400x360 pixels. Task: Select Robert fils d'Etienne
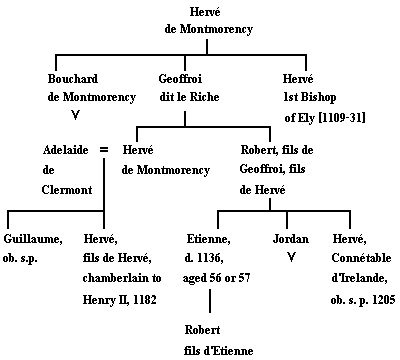click(x=213, y=341)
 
